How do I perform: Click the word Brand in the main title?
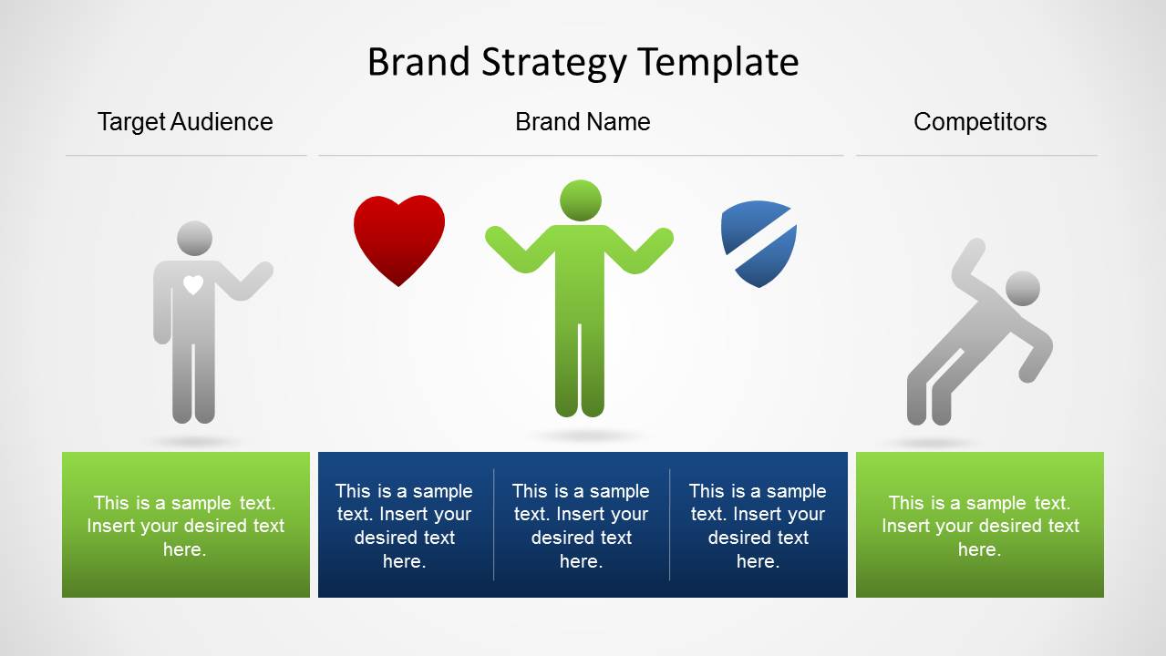pyautogui.click(x=418, y=62)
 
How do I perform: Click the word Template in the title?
pyautogui.click(x=718, y=63)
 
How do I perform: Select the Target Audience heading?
pyautogui.click(x=185, y=122)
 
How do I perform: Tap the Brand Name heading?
pyautogui.click(x=583, y=122)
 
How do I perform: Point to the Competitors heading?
pyautogui.click(x=980, y=122)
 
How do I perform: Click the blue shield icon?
pyautogui.click(x=758, y=243)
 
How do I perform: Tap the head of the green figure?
pyautogui.click(x=581, y=200)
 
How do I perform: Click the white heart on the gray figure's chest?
pyautogui.click(x=193, y=284)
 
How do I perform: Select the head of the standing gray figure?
pyautogui.click(x=195, y=239)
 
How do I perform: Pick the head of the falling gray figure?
pyautogui.click(x=1022, y=288)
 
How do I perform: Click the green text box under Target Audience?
pyautogui.click(x=186, y=525)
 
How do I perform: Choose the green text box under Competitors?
pyautogui.click(x=980, y=525)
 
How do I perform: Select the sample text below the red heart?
pyautogui.click(x=405, y=526)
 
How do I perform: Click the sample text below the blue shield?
pyautogui.click(x=758, y=526)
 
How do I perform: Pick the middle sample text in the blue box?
pyautogui.click(x=582, y=526)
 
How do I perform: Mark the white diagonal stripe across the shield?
pyautogui.click(x=760, y=241)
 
